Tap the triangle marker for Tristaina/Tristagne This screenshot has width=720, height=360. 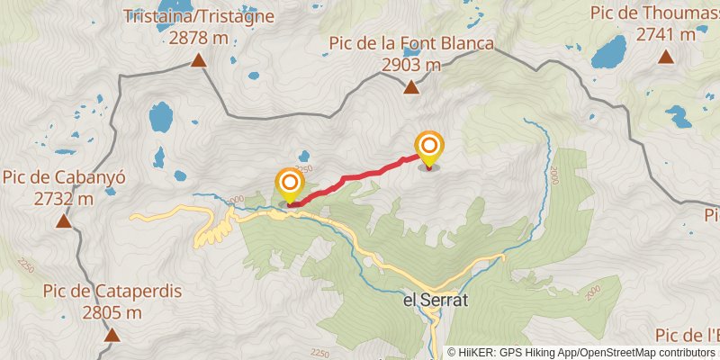coord(198,61)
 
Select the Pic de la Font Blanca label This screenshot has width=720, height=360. coord(411,44)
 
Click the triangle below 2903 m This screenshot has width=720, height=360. coord(411,87)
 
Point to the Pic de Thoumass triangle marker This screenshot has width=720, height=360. coord(666,57)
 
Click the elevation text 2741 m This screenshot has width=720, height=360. coord(666,34)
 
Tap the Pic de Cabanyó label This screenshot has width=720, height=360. coord(63,177)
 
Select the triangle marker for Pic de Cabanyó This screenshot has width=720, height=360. coord(63,220)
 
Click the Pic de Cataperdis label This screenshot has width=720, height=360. coord(112,292)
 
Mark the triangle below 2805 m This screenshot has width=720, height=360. coord(112,336)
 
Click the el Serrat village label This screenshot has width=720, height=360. coord(436,303)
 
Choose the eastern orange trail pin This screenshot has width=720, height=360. coord(429,148)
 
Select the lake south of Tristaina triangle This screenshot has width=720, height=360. coord(161,115)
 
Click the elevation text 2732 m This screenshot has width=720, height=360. coord(63,198)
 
